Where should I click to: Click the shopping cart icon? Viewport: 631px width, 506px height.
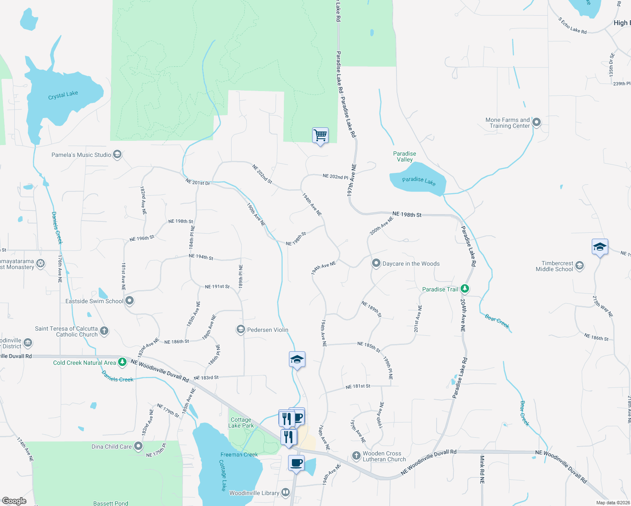click(x=320, y=135)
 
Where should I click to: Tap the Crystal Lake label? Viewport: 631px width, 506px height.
click(x=63, y=95)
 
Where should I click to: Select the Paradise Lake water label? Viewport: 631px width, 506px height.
click(x=418, y=181)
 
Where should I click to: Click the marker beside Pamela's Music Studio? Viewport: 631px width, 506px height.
click(x=118, y=155)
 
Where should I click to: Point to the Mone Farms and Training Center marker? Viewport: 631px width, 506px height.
click(x=537, y=123)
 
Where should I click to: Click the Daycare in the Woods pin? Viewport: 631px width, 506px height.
click(x=376, y=264)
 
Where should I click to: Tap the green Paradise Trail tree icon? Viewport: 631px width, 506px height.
click(x=465, y=289)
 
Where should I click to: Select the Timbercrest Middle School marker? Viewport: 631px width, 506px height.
click(x=580, y=266)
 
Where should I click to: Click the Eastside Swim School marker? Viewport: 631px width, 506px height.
click(x=130, y=301)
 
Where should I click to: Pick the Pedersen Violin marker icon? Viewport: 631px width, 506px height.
click(x=241, y=329)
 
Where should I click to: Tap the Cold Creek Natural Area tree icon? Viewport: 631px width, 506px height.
click(x=122, y=362)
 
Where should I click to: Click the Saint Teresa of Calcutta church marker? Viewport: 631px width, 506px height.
click(x=104, y=331)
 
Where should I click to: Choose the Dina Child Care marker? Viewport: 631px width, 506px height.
click(x=138, y=447)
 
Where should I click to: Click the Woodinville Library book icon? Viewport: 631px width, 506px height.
click(x=286, y=493)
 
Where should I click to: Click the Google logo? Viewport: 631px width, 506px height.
click(x=14, y=501)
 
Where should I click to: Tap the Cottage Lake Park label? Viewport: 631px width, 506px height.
click(x=241, y=423)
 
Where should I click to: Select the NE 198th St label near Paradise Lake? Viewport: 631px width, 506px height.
click(x=407, y=215)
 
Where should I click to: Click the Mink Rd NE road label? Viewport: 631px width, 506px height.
click(x=482, y=469)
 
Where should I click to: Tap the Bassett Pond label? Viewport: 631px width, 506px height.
click(x=111, y=503)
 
